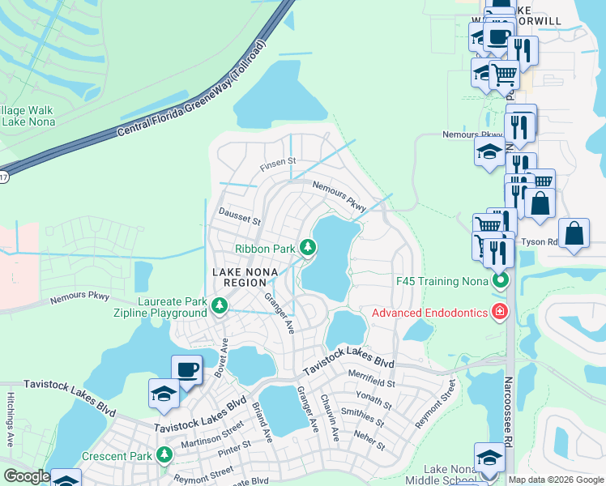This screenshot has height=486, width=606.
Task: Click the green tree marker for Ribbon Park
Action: tap(307, 247)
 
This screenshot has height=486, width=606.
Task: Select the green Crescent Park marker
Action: tap(164, 455)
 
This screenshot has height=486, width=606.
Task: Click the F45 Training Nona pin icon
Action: tap(500, 281)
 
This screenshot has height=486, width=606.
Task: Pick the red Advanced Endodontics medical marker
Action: tap(500, 312)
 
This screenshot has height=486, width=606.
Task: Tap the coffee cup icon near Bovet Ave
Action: tap(186, 369)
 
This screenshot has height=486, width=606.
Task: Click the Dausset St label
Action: tap(240, 215)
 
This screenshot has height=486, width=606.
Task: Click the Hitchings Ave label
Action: tap(11, 426)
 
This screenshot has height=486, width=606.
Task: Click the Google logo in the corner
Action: tap(27, 476)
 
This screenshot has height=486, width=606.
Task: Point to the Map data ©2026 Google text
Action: tap(555, 480)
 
